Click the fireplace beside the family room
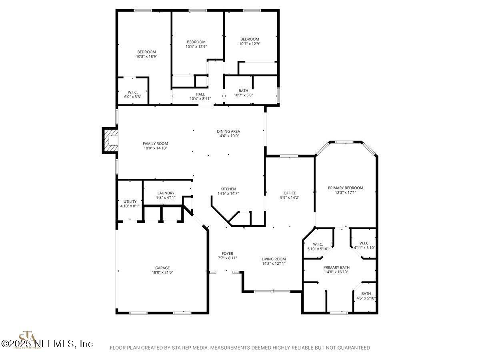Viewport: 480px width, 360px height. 110,140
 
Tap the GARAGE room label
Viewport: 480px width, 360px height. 162,268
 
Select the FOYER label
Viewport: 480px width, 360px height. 228,253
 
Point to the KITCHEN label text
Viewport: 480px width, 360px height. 228,189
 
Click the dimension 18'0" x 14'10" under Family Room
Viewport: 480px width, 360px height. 156,148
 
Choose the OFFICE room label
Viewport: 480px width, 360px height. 290,193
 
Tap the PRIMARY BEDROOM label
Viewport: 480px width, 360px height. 346,188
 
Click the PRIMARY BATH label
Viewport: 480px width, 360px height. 336,267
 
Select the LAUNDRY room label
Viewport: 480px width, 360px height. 166,193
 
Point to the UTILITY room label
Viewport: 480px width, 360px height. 130,202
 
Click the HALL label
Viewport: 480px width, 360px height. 200,94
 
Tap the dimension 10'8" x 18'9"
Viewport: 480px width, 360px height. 147,56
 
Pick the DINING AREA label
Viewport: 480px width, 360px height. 228,131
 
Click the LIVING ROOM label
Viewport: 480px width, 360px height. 274,259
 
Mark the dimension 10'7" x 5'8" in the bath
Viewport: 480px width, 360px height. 243,95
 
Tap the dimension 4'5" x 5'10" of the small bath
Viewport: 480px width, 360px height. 366,298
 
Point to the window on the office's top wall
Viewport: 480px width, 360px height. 289,156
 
